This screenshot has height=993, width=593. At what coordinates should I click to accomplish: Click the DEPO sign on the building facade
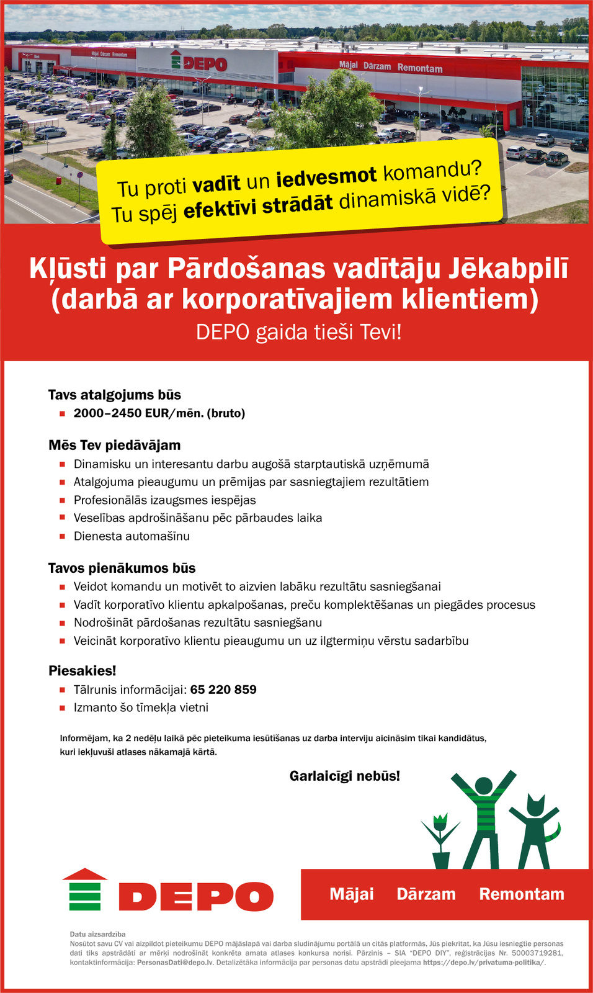pyautogui.click(x=200, y=63)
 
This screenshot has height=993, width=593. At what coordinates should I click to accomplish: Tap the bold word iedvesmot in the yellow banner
pyautogui.click(x=326, y=177)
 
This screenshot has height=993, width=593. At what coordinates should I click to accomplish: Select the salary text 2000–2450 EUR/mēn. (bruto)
pyautogui.click(x=159, y=413)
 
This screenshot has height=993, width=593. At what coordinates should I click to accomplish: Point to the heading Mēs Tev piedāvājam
pyautogui.click(x=115, y=445)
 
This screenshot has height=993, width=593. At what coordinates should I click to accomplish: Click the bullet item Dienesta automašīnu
pyautogui.click(x=132, y=536)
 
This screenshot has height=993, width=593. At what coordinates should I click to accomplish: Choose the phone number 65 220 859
pyautogui.click(x=223, y=690)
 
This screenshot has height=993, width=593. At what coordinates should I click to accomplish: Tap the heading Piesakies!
pyautogui.click(x=82, y=671)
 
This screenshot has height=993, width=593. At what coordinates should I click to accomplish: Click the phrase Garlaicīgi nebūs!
pyautogui.click(x=345, y=776)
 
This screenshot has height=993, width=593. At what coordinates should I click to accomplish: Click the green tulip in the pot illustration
pyautogui.click(x=440, y=835)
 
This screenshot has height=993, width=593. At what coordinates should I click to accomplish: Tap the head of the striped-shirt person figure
pyautogui.click(x=483, y=786)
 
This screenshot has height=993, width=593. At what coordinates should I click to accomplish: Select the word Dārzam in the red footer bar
pyautogui.click(x=426, y=894)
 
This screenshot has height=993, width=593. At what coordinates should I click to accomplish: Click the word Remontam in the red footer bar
pyautogui.click(x=522, y=894)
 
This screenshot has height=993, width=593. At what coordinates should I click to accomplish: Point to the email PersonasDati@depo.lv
pyautogui.click(x=176, y=963)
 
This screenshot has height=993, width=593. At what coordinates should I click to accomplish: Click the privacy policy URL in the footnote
pyautogui.click(x=484, y=963)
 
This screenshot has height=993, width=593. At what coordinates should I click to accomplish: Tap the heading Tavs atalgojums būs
pyautogui.click(x=115, y=395)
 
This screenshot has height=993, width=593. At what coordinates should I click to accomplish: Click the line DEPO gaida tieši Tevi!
pyautogui.click(x=299, y=332)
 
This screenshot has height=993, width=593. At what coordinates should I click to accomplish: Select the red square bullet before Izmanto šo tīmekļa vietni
pyautogui.click(x=62, y=708)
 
